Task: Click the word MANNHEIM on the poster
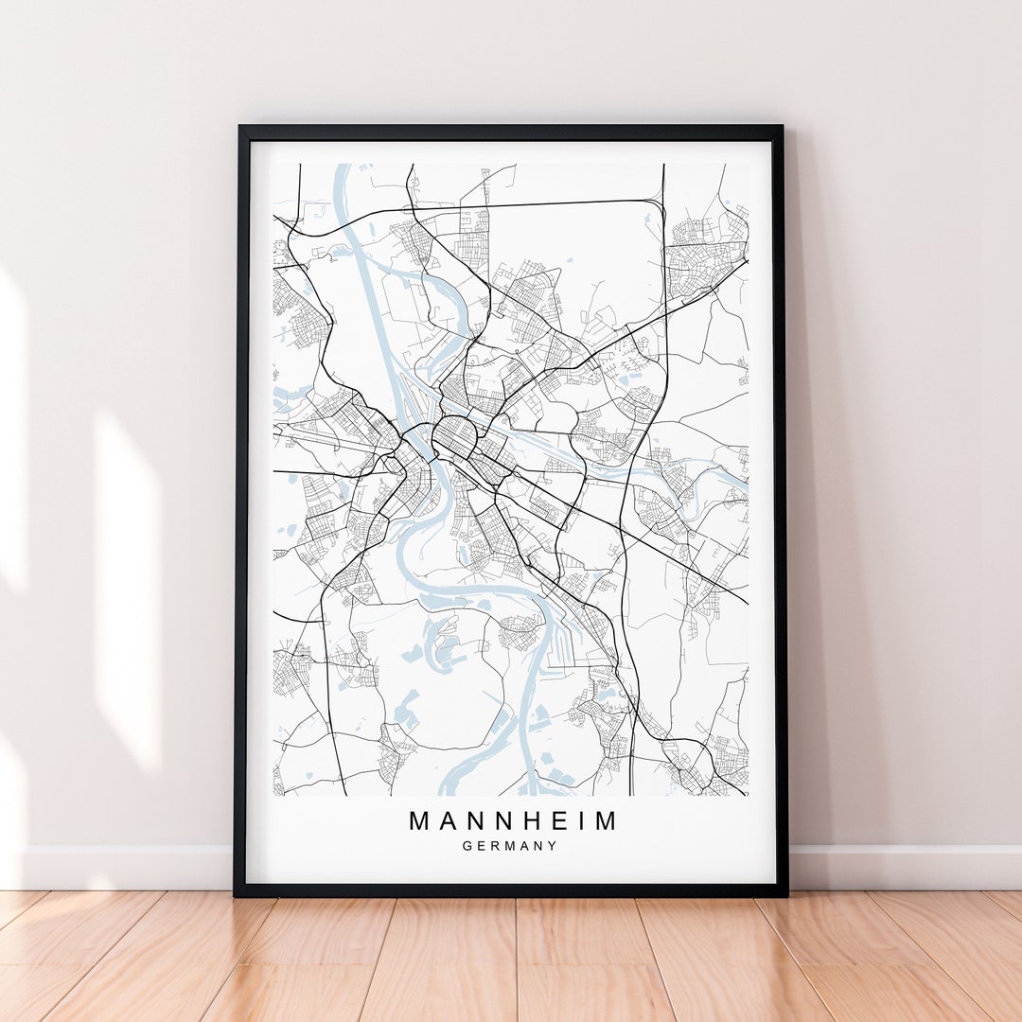[512, 820]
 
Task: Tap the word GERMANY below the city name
[510, 846]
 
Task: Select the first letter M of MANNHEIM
[419, 820]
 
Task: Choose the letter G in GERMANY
[467, 846]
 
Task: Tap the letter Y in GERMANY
[553, 846]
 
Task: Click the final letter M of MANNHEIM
[603, 820]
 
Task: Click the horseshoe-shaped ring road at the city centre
[455, 436]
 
